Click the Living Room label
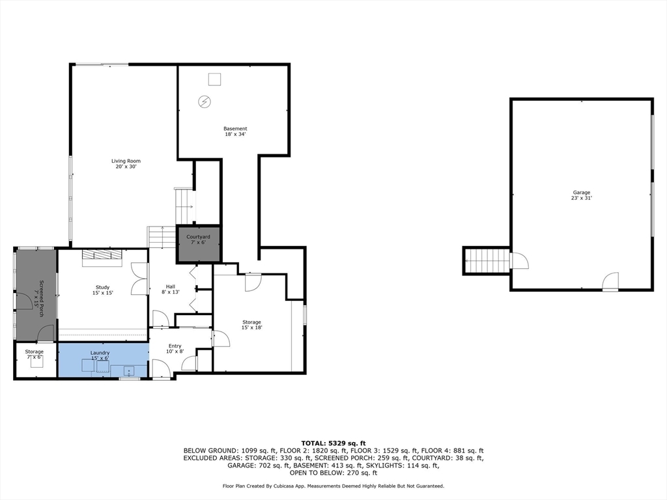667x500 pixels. [x=126, y=163]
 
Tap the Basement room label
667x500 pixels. [x=235, y=132]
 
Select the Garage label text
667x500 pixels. [x=582, y=195]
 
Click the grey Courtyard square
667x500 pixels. [x=198, y=243]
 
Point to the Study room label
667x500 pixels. [x=102, y=290]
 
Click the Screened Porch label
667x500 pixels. [x=38, y=298]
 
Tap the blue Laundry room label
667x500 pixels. [x=100, y=355]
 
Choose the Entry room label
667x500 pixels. [x=175, y=349]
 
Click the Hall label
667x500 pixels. [x=171, y=289]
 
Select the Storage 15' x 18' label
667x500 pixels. [x=251, y=325]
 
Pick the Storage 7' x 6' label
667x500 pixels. [x=34, y=354]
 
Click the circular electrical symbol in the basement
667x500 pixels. [x=205, y=102]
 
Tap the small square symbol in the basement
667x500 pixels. [x=215, y=79]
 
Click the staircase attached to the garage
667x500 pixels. [x=487, y=260]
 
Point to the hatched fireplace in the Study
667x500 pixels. [x=102, y=255]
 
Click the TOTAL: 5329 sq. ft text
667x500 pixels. [x=333, y=443]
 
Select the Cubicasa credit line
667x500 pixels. [x=333, y=486]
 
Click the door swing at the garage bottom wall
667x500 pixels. [x=610, y=281]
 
